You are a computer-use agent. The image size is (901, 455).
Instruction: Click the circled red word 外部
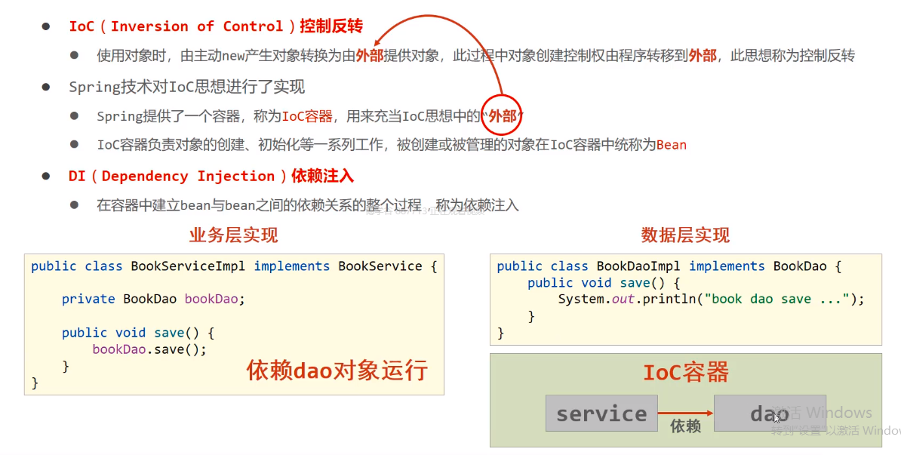(x=503, y=116)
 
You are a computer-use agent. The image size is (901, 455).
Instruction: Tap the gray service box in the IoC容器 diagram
(x=601, y=413)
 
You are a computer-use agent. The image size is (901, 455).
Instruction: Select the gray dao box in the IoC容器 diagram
(x=770, y=413)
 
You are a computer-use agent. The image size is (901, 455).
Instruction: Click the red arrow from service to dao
(x=685, y=413)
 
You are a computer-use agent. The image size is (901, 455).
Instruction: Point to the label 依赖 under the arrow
(x=685, y=426)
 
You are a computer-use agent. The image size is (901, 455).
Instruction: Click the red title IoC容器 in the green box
(x=685, y=372)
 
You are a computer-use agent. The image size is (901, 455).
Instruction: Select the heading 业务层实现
(x=233, y=235)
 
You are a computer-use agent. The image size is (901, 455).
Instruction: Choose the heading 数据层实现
(x=685, y=235)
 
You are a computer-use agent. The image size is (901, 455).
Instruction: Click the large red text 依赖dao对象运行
(x=337, y=370)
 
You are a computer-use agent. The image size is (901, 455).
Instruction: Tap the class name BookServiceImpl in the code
(x=191, y=266)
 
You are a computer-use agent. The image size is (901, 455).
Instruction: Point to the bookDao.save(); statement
(x=149, y=349)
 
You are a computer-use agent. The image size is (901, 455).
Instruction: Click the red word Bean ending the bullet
(x=672, y=145)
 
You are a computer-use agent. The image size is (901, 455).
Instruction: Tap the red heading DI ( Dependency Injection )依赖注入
(x=211, y=177)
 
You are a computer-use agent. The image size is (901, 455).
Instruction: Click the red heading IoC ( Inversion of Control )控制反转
(x=216, y=26)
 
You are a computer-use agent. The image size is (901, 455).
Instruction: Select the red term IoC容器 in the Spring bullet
(x=307, y=116)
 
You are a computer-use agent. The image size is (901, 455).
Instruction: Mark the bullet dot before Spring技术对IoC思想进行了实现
(x=47, y=87)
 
